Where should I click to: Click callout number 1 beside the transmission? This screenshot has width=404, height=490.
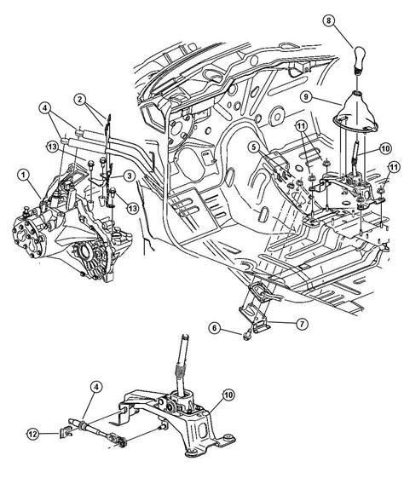(23, 175)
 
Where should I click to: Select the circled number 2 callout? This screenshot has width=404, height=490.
(80, 100)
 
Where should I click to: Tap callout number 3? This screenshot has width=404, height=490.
(129, 176)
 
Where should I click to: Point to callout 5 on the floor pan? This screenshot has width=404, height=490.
(255, 147)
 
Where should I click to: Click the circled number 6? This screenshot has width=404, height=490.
(214, 328)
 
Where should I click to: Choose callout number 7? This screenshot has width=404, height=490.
(302, 325)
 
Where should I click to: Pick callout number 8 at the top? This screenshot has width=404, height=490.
(329, 21)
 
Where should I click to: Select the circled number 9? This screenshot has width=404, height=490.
(306, 96)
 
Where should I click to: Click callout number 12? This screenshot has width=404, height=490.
(33, 434)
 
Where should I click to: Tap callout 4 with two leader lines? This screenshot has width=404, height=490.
(45, 108)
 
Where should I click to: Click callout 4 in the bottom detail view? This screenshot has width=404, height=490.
(96, 387)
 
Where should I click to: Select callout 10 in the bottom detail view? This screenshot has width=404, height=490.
(228, 395)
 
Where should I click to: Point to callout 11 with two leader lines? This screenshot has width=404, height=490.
(301, 126)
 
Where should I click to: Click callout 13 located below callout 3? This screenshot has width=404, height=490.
(133, 207)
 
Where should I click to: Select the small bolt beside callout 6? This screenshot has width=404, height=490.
(247, 336)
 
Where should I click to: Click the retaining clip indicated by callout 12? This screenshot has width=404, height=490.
(65, 432)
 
